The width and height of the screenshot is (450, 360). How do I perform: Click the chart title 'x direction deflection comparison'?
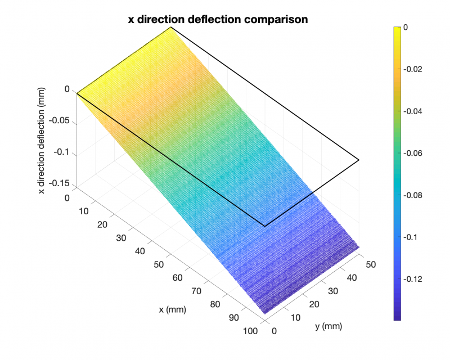coord(218,19)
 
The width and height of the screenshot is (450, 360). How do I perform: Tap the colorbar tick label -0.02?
coord(413,69)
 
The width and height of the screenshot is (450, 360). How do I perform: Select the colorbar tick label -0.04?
coord(413,111)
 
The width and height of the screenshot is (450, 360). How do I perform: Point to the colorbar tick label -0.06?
coord(413,153)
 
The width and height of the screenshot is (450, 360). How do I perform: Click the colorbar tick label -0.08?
coord(413,195)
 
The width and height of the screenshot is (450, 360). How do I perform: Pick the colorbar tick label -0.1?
coord(411,237)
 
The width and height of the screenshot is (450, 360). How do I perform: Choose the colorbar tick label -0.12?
coord(413,279)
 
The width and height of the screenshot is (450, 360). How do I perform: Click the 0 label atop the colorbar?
coord(406,27)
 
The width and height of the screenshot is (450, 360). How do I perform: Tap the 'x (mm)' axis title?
coord(172,309)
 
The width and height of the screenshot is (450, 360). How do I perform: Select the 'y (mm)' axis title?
coord(328,326)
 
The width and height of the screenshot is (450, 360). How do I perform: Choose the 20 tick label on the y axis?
coord(313,304)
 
